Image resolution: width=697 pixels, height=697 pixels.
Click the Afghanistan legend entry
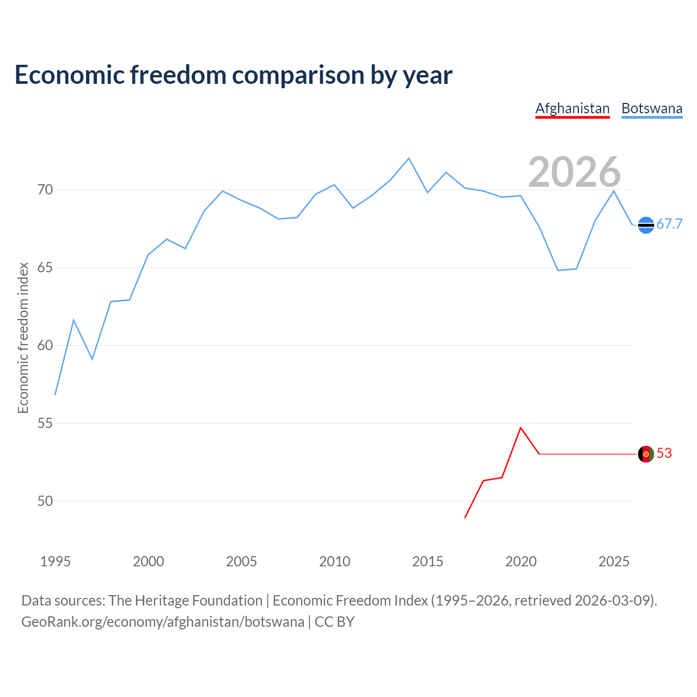click(572, 108)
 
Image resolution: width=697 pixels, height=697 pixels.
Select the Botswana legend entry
click(652, 108)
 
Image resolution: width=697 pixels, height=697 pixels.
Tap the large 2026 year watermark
click(574, 172)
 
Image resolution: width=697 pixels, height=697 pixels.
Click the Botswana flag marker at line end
click(646, 225)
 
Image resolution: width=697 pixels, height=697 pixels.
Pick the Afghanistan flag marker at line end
click(646, 454)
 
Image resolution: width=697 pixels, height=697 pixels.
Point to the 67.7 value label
click(669, 224)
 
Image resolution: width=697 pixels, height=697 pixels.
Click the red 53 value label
click(664, 454)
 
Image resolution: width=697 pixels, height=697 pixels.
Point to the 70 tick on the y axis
click(45, 190)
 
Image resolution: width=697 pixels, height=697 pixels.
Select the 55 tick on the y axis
click(45, 423)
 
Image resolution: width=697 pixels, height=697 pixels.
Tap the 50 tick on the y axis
click(45, 501)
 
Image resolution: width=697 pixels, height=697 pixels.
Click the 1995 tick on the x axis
click(56, 561)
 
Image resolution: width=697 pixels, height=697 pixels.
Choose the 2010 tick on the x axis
click(335, 561)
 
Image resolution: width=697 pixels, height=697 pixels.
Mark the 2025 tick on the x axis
click(614, 561)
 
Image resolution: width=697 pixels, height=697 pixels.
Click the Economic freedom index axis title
click(23, 338)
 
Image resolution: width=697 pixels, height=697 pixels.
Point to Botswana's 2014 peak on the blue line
click(409, 158)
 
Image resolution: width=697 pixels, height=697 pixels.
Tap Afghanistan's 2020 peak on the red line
click(521, 427)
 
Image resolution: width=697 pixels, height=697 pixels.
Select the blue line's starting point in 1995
click(56, 394)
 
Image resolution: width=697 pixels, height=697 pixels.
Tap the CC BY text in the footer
click(334, 622)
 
